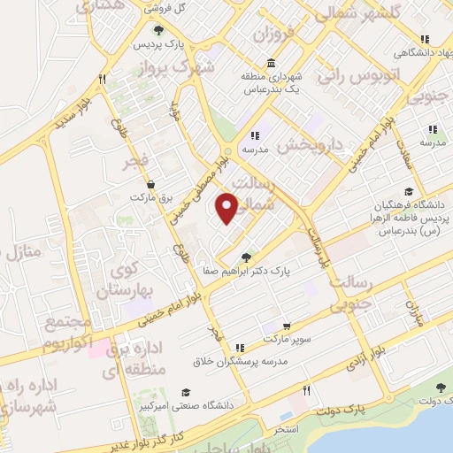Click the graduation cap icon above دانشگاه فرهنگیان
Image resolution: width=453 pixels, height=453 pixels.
[x=408, y=191]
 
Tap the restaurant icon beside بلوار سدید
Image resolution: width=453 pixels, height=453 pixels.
[x=104, y=80]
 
